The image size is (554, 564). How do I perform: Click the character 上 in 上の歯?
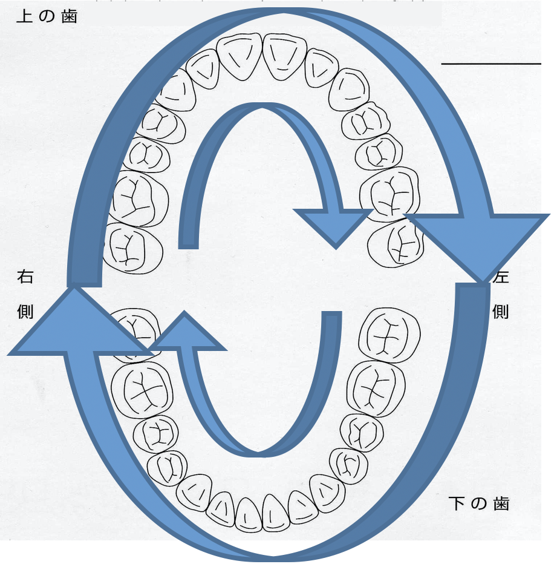tap(24, 16)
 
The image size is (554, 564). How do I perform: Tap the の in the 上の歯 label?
tap(47, 16)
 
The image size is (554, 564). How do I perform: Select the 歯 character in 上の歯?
tap(70, 16)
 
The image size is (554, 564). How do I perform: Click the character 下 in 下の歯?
tap(456, 503)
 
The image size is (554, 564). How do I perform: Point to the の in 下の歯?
tap(478, 503)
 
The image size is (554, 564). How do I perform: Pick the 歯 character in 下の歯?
tap(501, 503)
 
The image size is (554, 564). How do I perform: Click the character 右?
tap(25, 277)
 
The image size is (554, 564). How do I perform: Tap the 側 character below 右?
tap(25, 311)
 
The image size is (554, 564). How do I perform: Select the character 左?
tap(501, 277)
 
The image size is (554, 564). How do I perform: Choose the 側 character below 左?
tap(501, 311)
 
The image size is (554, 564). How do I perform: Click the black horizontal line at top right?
tap(491, 63)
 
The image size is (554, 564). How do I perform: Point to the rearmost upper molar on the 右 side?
tap(132, 246)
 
